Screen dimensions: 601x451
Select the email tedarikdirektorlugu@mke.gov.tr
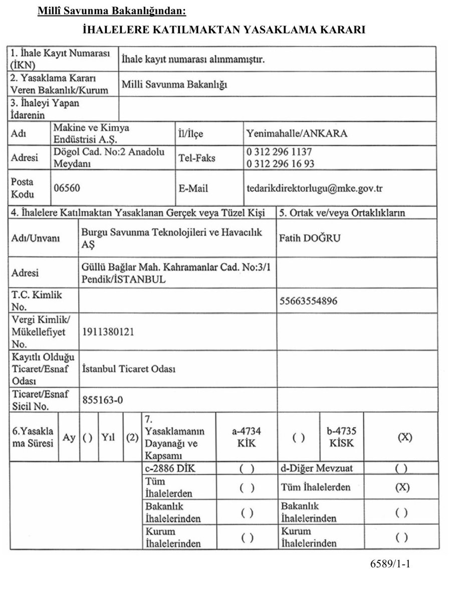314,188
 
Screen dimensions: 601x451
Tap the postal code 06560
66,188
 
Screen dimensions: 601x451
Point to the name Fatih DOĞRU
309,238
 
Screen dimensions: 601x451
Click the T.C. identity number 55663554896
308,301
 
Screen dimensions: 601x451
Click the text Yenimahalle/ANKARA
297,134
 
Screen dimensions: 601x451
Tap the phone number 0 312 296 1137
282,151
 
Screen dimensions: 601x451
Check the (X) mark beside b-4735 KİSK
405,437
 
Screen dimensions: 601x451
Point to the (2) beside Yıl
132,437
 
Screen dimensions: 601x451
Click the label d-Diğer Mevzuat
316,469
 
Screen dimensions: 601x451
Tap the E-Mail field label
193,189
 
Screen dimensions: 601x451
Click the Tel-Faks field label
196,157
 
